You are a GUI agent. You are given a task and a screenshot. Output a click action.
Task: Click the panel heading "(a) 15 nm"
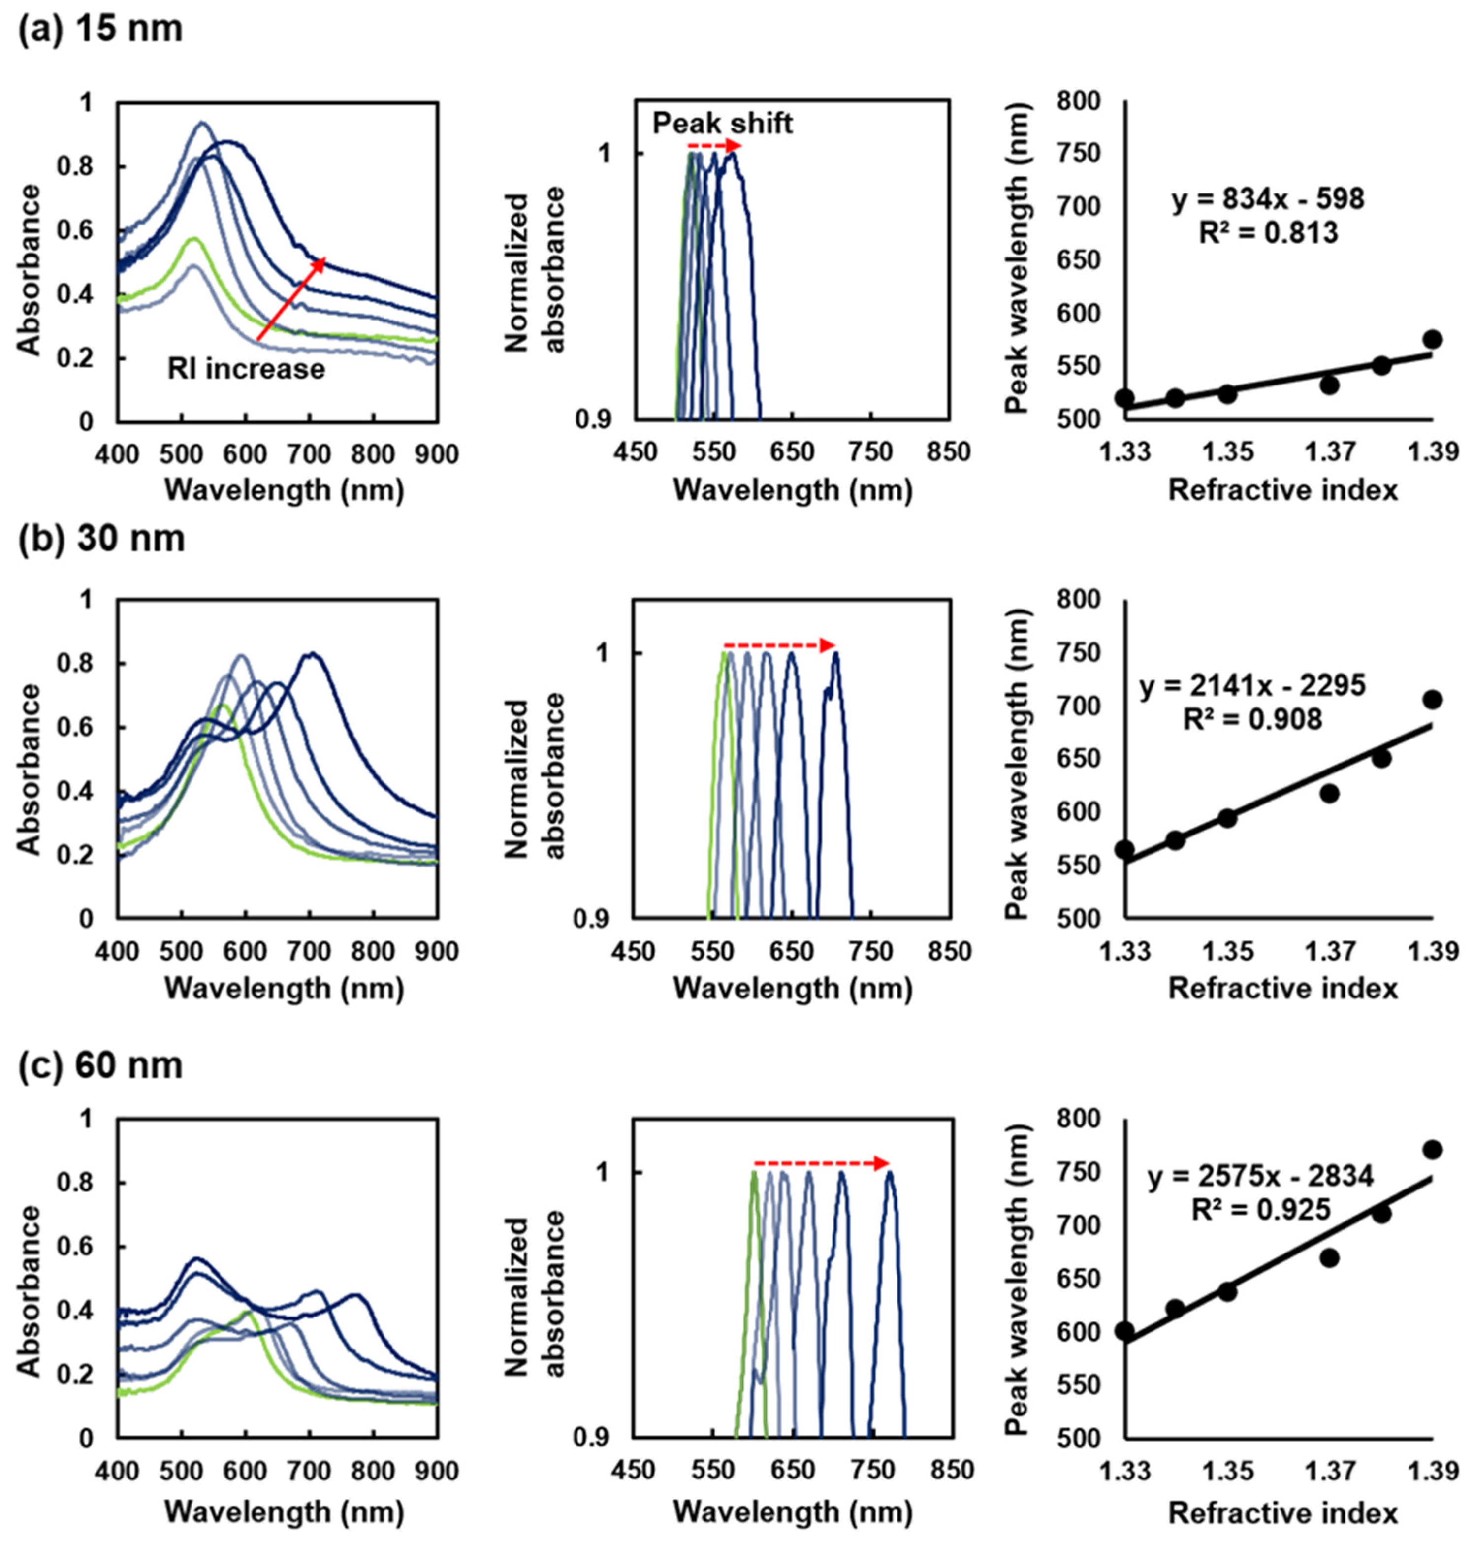click(x=100, y=29)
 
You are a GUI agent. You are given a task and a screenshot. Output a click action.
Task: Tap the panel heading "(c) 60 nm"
click(x=100, y=1065)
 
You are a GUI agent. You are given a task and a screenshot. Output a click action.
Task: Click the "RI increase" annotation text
click(x=246, y=368)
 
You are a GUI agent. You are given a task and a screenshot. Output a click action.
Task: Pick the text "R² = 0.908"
click(x=1252, y=718)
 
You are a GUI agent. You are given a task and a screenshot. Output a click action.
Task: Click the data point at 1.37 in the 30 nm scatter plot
click(x=1329, y=794)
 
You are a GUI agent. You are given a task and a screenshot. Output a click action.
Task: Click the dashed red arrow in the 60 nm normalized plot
click(x=821, y=1163)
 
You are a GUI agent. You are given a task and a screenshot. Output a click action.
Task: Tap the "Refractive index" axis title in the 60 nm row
click(x=1283, y=1513)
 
